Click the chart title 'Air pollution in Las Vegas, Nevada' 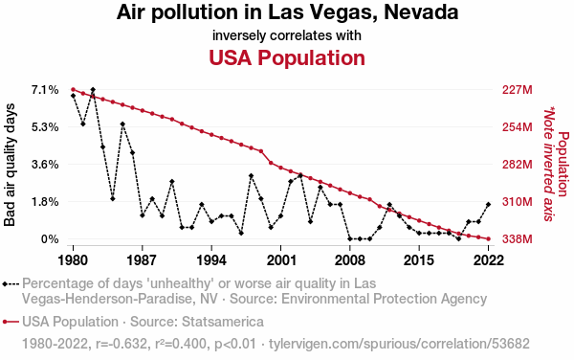[x=287, y=12]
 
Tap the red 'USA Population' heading [x=287, y=57]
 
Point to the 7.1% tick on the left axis [x=45, y=90]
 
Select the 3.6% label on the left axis [x=45, y=165]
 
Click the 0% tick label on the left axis [x=50, y=239]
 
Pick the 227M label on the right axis [x=517, y=90]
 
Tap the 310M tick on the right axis [x=517, y=202]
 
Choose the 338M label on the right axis [x=517, y=239]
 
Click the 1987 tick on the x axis [x=142, y=260]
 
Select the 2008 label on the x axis [x=349, y=260]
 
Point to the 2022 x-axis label [x=488, y=260]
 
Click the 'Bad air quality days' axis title [x=10, y=165]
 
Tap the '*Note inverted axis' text [x=548, y=164]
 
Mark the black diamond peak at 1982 [x=93, y=90]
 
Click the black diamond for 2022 [x=488, y=204]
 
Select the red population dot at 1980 [x=73, y=89]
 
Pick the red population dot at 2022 [x=488, y=239]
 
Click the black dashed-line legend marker [x=11, y=284]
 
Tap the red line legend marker [x=11, y=322]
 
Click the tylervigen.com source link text [x=399, y=344]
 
